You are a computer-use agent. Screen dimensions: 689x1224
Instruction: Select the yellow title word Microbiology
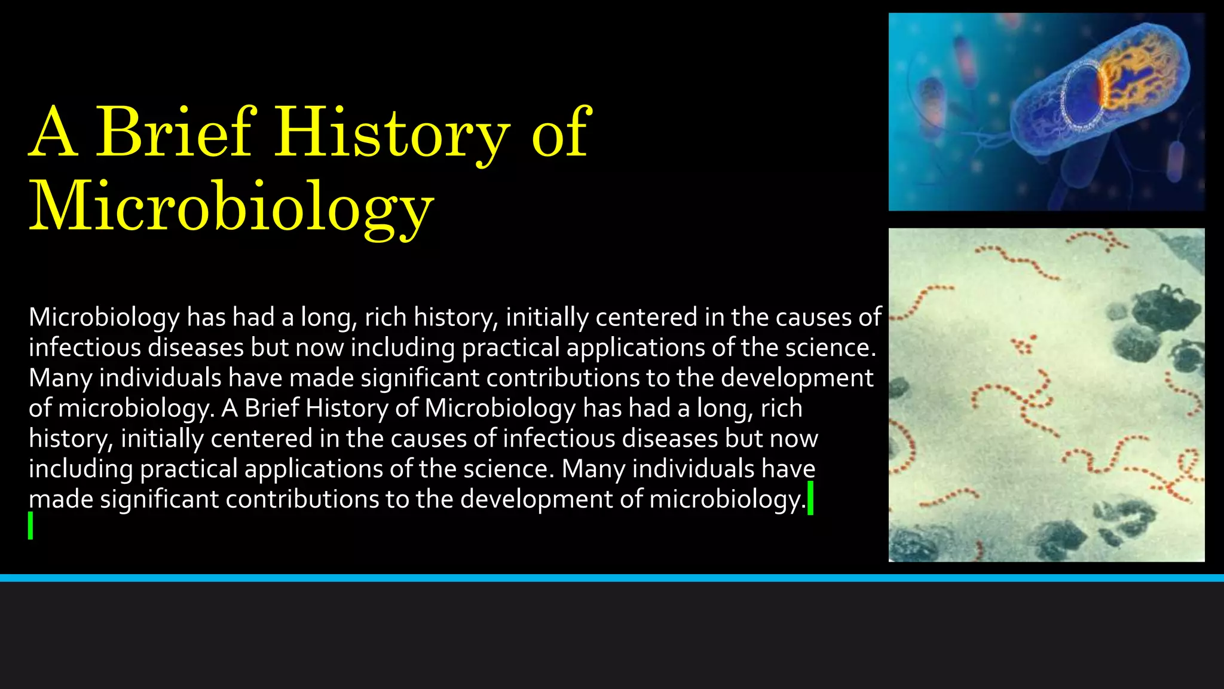coord(231,206)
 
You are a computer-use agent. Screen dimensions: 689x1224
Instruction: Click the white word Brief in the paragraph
coord(272,408)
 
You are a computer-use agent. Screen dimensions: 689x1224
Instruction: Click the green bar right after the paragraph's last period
coord(810,498)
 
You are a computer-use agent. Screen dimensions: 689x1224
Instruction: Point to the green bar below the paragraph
coord(30,526)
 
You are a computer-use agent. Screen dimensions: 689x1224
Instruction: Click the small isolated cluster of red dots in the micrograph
coord(1024,345)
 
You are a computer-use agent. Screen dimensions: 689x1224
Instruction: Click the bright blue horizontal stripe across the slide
coord(612,578)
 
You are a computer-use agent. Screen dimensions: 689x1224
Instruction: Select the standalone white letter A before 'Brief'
coord(229,408)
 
